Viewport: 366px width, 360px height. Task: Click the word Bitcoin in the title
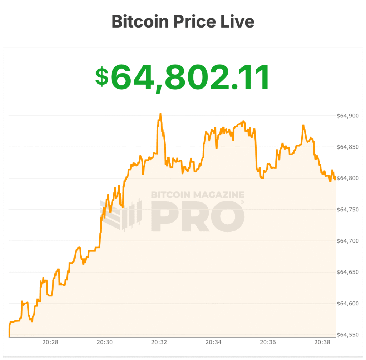click(x=140, y=21)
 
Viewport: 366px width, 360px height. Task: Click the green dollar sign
click(x=102, y=77)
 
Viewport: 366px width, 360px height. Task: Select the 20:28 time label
click(x=50, y=342)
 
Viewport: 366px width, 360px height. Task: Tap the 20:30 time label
click(x=104, y=342)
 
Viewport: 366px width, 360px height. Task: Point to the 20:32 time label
click(x=159, y=342)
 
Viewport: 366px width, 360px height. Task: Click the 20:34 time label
click(x=213, y=342)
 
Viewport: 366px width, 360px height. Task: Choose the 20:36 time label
click(x=268, y=342)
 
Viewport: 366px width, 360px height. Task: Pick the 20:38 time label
click(x=322, y=342)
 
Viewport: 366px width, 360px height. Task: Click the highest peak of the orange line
click(x=160, y=114)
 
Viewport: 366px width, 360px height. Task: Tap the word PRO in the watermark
click(x=198, y=217)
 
